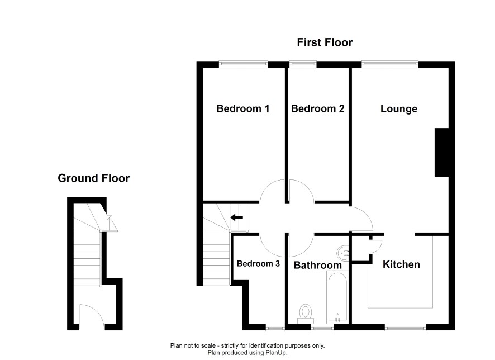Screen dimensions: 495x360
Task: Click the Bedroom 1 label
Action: [243, 108]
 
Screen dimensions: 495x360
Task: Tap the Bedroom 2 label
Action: [317, 108]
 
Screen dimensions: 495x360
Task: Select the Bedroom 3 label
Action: [258, 264]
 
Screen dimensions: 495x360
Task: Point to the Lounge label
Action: [399, 109]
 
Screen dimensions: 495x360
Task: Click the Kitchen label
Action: [401, 264]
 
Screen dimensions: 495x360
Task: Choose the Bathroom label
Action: [317, 266]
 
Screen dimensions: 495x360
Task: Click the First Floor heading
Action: [325, 42]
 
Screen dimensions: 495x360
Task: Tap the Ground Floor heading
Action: [93, 178]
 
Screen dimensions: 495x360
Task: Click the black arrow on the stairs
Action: [236, 217]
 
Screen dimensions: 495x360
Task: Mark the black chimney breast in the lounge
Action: [442, 153]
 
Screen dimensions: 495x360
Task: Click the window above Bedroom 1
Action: [244, 64]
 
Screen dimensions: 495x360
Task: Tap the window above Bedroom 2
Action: [303, 64]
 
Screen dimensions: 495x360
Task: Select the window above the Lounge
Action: [390, 64]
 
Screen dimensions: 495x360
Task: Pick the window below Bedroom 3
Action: [275, 328]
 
